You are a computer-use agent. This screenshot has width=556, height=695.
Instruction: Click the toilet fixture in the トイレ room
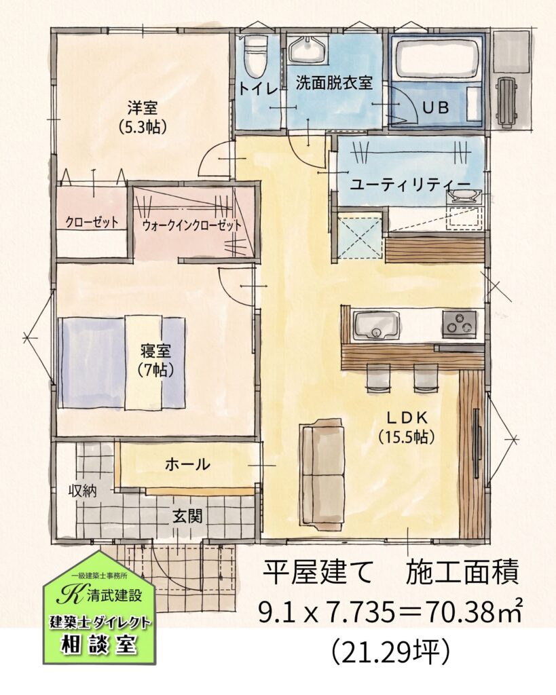tap(257, 57)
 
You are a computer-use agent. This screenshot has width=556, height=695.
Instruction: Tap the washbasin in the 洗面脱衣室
tap(309, 50)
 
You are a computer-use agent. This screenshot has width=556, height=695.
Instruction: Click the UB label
tap(435, 107)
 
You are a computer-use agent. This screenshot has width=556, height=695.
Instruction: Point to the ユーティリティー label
tap(409, 185)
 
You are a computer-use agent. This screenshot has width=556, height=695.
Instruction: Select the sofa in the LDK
tap(323, 474)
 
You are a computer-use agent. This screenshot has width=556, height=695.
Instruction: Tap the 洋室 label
tap(143, 108)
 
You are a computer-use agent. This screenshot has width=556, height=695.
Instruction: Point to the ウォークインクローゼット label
tap(191, 225)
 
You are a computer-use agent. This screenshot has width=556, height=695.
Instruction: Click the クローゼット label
tap(92, 222)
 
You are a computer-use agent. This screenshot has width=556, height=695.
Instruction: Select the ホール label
tap(187, 464)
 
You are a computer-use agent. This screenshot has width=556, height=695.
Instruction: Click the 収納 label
tap(82, 491)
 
